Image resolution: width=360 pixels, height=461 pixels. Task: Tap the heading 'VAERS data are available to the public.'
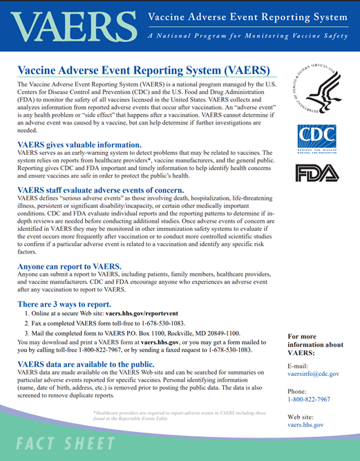pyautogui.click(x=86, y=364)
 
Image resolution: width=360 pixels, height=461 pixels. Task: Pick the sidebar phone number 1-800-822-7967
pyautogui.click(x=309, y=399)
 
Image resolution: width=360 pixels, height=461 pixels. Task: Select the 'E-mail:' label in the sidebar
pyautogui.click(x=299, y=364)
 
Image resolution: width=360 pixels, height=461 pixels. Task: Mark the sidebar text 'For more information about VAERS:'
pyautogui.click(x=314, y=344)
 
